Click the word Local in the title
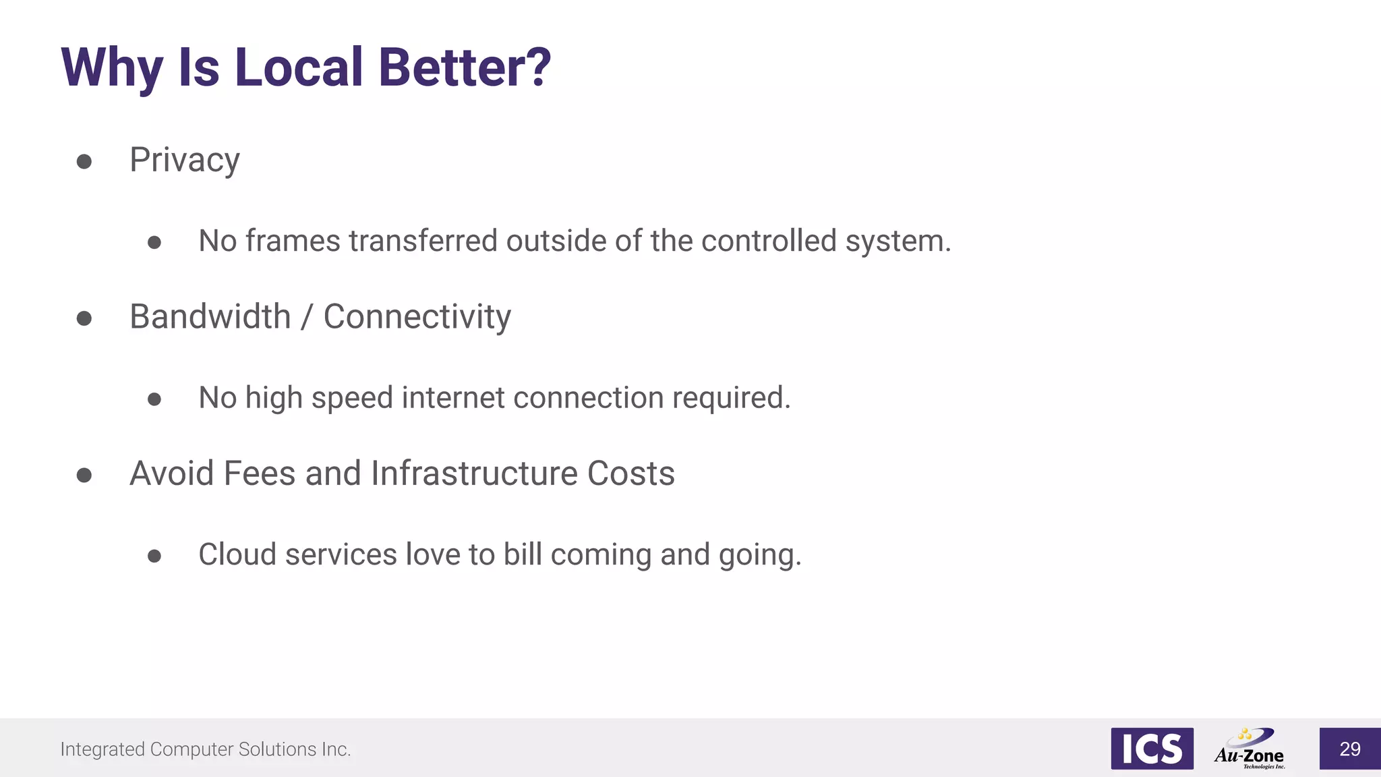tap(299, 67)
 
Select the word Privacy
tap(185, 161)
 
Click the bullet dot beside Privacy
tap(84, 162)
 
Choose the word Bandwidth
tap(210, 316)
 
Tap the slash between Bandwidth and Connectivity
tap(307, 317)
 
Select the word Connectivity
tap(417, 317)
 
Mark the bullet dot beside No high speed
tap(154, 399)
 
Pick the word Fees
tap(260, 473)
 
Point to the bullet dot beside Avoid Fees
tap(84, 476)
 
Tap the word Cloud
tap(237, 554)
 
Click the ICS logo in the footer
tap(1152, 748)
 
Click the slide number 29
tap(1350, 749)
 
